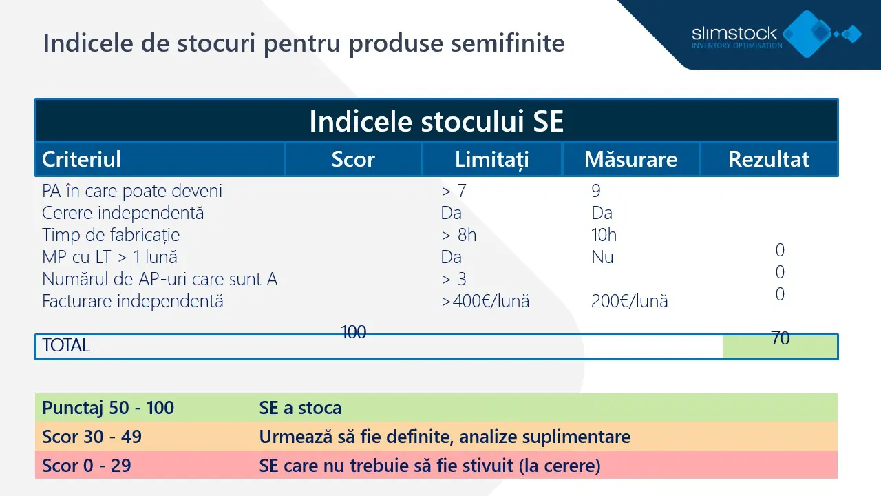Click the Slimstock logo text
coord(734,33)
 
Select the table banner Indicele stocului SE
coord(436,121)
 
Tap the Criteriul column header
coord(81,159)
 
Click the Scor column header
coord(353,159)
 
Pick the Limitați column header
coord(491,159)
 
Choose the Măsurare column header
coord(630,159)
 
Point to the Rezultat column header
coord(769,159)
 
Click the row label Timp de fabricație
coord(111,235)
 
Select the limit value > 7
coord(454,191)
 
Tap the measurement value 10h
coord(604,235)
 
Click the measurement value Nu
coord(602,257)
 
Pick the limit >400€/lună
coord(485,301)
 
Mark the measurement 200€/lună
coord(629,301)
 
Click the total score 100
coord(354,332)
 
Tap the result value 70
coord(781,338)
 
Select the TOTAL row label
coord(66,346)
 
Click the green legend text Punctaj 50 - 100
coord(108,408)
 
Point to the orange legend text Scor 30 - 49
coord(92,437)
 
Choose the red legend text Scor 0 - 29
coord(86,466)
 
